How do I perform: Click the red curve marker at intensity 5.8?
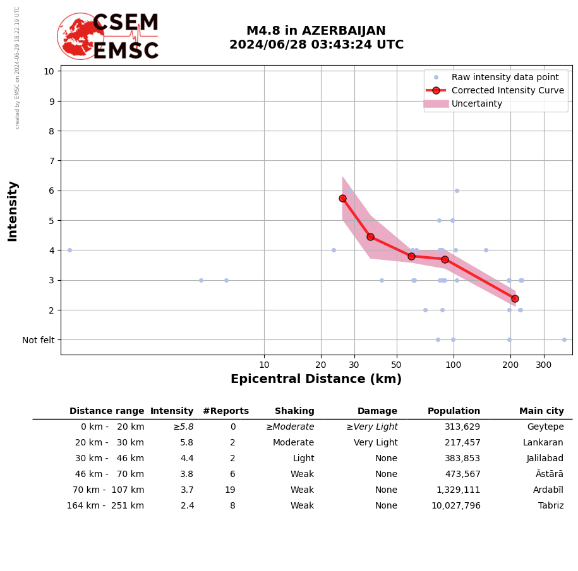(x=342, y=198)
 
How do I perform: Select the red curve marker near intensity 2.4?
(x=515, y=298)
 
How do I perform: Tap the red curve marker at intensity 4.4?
(x=370, y=237)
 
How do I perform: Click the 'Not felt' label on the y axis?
(x=39, y=340)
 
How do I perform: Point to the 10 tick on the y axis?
(x=49, y=71)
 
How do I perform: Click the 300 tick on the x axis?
(x=544, y=365)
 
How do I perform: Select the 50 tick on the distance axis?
(x=397, y=365)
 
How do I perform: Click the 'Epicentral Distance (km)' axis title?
(x=316, y=379)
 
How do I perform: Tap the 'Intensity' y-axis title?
(x=13, y=211)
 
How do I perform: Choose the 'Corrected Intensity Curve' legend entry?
(x=507, y=90)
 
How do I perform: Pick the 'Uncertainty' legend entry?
(x=476, y=103)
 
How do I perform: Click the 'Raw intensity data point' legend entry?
(x=505, y=77)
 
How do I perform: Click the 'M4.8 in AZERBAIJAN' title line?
(x=316, y=31)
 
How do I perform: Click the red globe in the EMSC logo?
(x=80, y=36)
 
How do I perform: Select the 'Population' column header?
(x=454, y=411)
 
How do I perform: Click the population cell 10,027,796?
(x=454, y=506)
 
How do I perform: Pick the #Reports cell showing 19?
(x=230, y=490)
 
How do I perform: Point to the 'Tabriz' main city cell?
(x=551, y=506)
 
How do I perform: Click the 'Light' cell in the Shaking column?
(x=303, y=459)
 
